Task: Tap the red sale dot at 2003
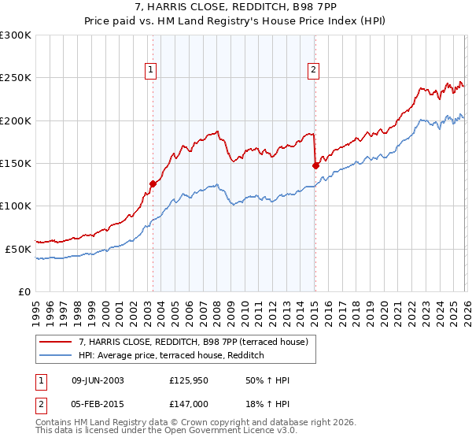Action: tap(153, 184)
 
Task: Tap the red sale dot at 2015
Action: tap(315, 166)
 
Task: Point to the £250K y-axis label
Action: tap(16, 78)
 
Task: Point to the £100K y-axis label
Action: tap(16, 206)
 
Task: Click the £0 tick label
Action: tap(24, 291)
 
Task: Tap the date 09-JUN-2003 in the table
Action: tap(98, 380)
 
